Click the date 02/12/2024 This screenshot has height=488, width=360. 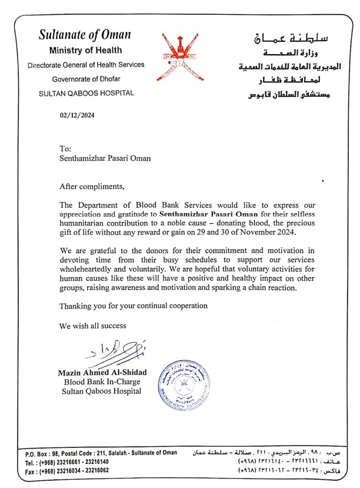tap(77, 115)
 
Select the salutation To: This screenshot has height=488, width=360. tap(65, 149)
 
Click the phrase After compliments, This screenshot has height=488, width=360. tap(92, 187)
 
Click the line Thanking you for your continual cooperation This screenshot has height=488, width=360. tap(134, 306)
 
